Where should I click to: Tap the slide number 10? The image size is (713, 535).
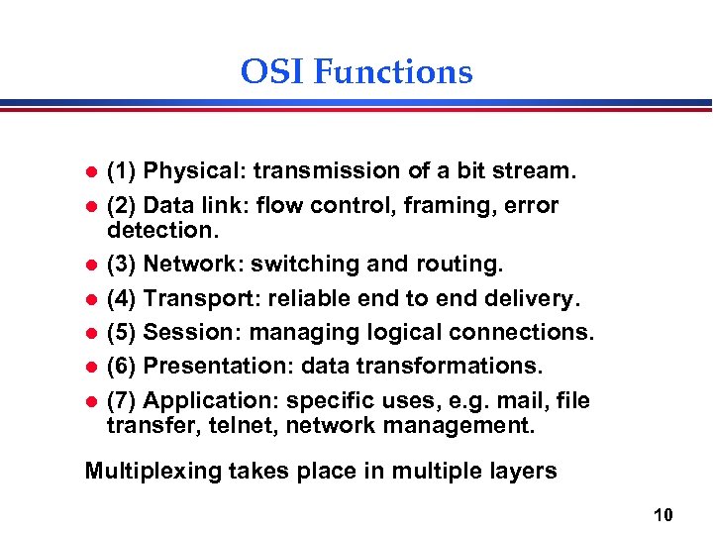pos(663,514)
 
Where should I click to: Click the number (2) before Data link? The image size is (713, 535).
pos(122,205)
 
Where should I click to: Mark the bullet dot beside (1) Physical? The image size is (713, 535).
pos(90,172)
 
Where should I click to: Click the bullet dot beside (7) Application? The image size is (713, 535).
pos(90,401)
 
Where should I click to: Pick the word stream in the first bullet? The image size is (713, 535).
pos(536,171)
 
